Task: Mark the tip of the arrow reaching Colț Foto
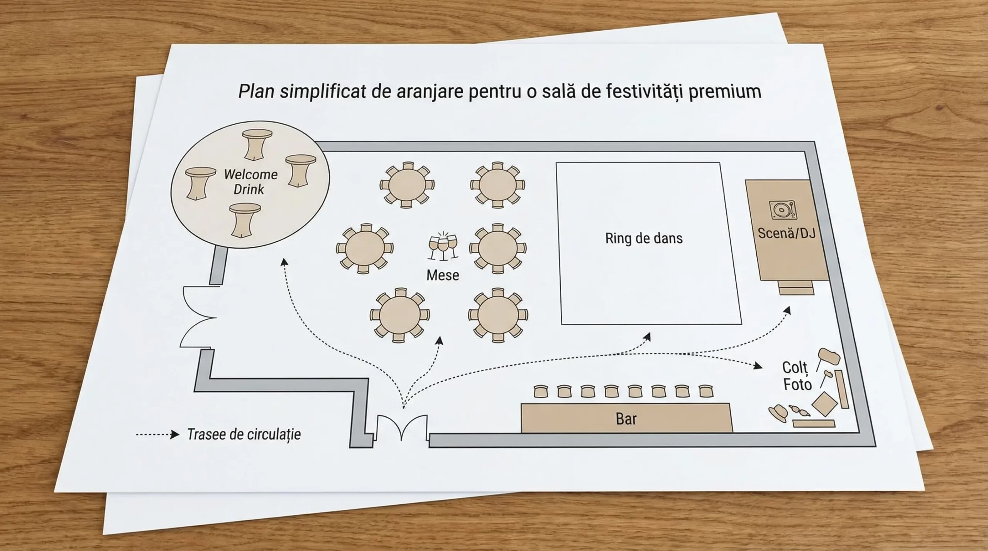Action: pos(763,366)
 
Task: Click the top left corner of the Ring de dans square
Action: pos(556,163)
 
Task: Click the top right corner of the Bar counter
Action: pos(729,404)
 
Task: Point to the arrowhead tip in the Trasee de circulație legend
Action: pos(179,435)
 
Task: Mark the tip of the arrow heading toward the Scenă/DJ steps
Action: pos(790,307)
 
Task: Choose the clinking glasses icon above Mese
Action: pos(443,246)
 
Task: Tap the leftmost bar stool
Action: pos(541,391)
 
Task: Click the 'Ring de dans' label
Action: pos(644,238)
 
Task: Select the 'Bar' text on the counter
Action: pos(626,419)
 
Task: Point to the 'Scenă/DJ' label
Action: pos(786,233)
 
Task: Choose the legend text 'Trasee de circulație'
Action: pos(244,435)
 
